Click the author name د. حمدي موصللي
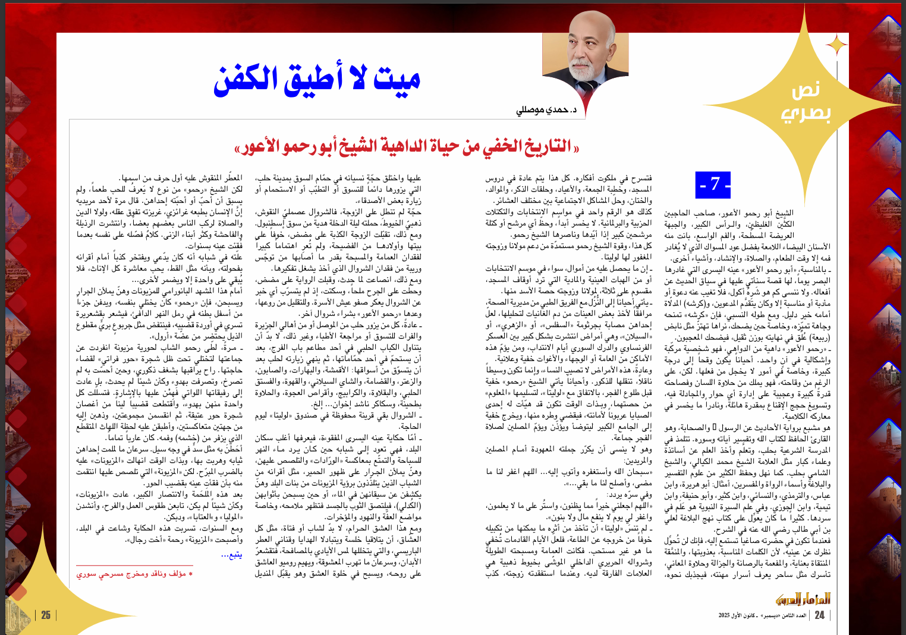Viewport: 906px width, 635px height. pos(547,110)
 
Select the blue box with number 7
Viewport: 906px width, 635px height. pos(713,184)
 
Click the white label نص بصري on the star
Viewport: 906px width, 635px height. pos(806,101)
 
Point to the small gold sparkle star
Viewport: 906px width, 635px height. pos(837,45)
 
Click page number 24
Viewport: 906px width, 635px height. pos(819,615)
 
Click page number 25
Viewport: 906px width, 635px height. pos(46,615)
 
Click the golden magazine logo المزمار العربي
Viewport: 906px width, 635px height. pos(803,598)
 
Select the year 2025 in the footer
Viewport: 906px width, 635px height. pos(725,615)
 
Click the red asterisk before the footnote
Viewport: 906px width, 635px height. pos(190,574)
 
